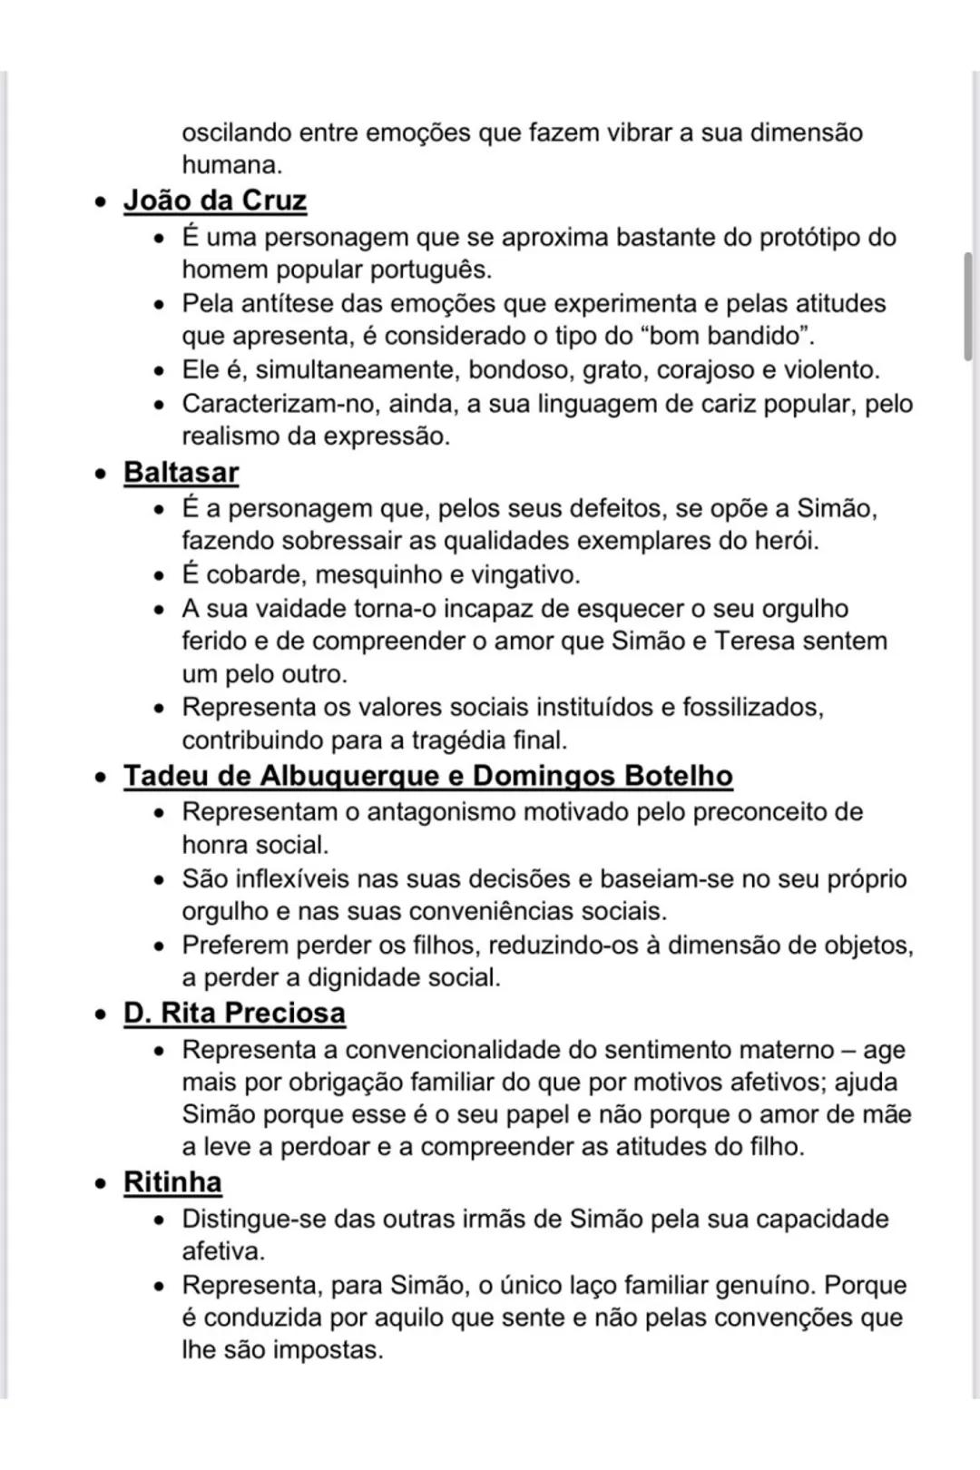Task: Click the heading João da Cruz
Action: tap(215, 201)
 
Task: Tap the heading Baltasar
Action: tap(181, 473)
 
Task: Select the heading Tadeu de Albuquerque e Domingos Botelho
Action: tap(427, 776)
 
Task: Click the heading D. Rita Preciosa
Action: tap(234, 1013)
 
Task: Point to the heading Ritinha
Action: tap(172, 1182)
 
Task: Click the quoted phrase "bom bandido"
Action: tap(725, 336)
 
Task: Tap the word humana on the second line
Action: tap(230, 165)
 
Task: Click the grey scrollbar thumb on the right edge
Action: tap(968, 309)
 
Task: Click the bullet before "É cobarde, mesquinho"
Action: tap(160, 576)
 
